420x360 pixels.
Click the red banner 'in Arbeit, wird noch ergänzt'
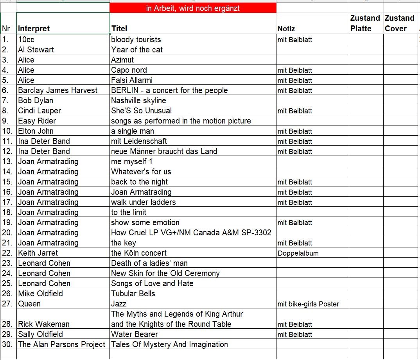[193, 8]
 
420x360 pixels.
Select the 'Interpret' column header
[34, 29]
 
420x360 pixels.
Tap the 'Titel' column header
[119, 29]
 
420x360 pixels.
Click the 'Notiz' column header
[286, 29]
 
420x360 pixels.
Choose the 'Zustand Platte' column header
[365, 23]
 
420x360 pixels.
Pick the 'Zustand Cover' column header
[399, 23]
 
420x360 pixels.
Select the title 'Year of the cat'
[137, 50]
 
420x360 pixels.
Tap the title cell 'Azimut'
[122, 60]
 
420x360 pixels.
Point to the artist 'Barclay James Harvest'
[57, 90]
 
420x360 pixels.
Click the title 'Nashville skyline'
[138, 100]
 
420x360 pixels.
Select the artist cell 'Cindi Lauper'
[39, 111]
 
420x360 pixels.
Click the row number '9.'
[5, 121]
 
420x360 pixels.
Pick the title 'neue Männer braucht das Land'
[164, 151]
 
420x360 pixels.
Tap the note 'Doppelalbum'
[298, 253]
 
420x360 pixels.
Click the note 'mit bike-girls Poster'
[308, 304]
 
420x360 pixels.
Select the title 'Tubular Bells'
[133, 294]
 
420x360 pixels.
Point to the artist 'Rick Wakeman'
[44, 324]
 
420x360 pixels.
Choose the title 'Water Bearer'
[135, 334]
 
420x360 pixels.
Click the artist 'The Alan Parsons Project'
[62, 344]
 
